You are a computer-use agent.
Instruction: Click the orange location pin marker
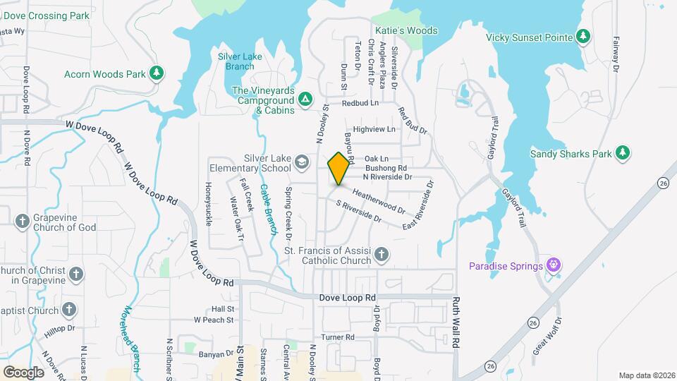click(x=339, y=168)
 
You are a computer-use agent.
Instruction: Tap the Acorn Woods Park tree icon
click(x=157, y=73)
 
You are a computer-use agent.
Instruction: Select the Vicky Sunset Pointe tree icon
click(x=583, y=36)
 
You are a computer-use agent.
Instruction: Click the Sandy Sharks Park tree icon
click(x=622, y=153)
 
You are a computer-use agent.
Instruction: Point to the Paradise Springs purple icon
click(x=555, y=265)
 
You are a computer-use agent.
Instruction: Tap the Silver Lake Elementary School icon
click(x=302, y=163)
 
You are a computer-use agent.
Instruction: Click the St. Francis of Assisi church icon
click(x=382, y=255)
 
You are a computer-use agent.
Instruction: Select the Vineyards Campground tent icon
click(x=305, y=99)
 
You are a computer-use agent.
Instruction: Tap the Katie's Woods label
click(x=406, y=31)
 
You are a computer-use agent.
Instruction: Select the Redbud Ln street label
click(x=360, y=103)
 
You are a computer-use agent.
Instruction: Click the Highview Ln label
click(x=374, y=129)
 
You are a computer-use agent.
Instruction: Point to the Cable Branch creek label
click(x=268, y=208)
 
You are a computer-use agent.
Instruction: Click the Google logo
click(x=23, y=372)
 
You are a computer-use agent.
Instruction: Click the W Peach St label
click(x=214, y=320)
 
